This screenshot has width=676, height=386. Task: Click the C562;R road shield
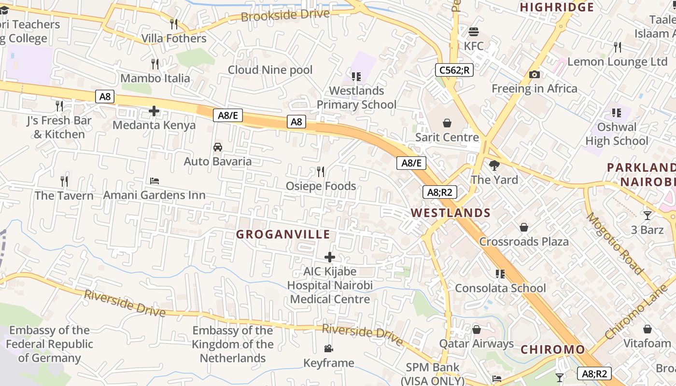click(454, 70)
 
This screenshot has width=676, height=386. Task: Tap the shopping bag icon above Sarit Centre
click(447, 123)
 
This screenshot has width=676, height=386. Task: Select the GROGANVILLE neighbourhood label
click(283, 234)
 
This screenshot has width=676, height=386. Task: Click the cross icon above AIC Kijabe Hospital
click(330, 257)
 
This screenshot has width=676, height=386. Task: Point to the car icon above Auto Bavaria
click(218, 147)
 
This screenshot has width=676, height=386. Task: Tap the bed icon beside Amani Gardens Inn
click(155, 181)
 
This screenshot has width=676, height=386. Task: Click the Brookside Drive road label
click(285, 15)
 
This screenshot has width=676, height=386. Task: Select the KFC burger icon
click(474, 32)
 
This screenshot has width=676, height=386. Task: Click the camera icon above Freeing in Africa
click(534, 74)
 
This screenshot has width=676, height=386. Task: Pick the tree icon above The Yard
click(494, 165)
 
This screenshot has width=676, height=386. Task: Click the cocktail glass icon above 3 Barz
click(647, 215)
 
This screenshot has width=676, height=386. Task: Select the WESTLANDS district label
click(451, 213)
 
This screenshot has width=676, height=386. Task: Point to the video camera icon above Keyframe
click(328, 348)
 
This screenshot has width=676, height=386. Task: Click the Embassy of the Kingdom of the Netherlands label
click(233, 344)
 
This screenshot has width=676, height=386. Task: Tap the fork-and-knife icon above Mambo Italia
click(155, 64)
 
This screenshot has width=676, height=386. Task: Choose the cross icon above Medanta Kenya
click(154, 111)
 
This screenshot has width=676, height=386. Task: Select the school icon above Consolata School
click(500, 274)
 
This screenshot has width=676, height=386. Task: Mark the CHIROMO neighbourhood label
click(553, 349)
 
